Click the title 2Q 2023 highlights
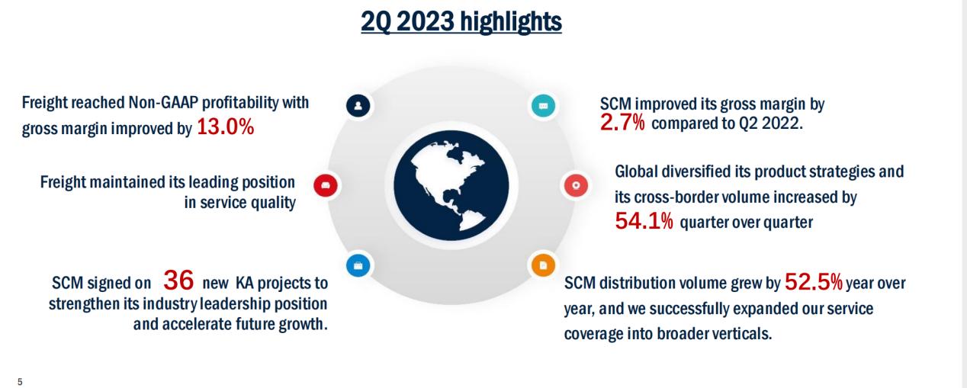click(x=461, y=21)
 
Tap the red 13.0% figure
click(x=225, y=127)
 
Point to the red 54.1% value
click(x=644, y=223)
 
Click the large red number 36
click(x=179, y=281)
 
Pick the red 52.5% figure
click(x=813, y=284)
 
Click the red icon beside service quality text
click(x=326, y=184)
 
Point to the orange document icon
click(x=543, y=265)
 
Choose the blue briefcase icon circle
click(x=358, y=265)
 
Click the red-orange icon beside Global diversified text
click(x=576, y=184)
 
